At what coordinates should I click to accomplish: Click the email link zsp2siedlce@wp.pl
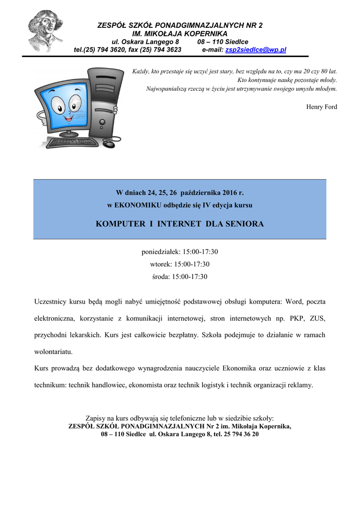tap(255, 50)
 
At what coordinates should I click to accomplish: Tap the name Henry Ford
tap(321, 107)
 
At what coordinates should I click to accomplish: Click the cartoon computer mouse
tap(109, 143)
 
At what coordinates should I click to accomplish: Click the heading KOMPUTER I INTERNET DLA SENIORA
tap(180, 224)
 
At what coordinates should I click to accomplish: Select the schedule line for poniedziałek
tap(180, 252)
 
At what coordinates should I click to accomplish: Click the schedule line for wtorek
tap(180, 264)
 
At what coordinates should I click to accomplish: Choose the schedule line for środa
tap(180, 276)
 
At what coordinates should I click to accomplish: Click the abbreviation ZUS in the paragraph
tap(318, 318)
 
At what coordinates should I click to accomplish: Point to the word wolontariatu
tap(53, 352)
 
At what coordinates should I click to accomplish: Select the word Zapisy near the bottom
tap(96, 418)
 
